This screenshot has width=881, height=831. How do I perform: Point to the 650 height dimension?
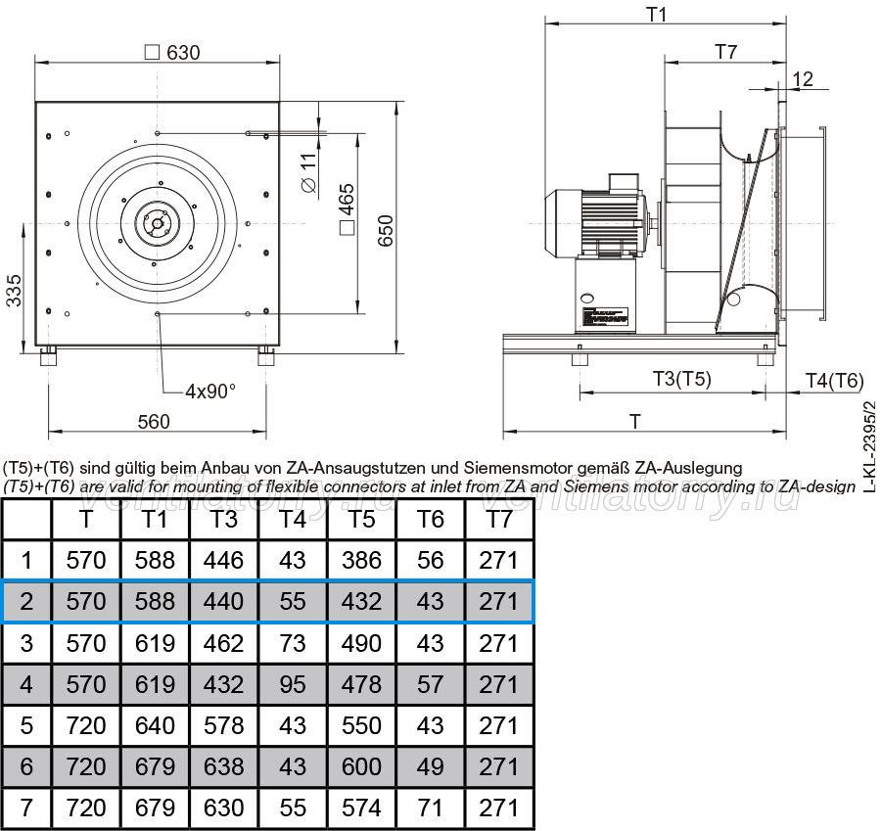tap(386, 231)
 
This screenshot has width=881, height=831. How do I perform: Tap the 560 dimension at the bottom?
tap(154, 422)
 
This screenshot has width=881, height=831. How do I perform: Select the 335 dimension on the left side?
tap(14, 291)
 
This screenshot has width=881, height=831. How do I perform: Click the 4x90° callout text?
tap(210, 392)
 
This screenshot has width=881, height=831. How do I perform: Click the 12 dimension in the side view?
tap(803, 79)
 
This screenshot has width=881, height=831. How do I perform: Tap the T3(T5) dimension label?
tap(681, 379)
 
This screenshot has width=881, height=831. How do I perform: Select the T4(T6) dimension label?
tap(834, 381)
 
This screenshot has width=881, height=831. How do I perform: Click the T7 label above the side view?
tap(725, 52)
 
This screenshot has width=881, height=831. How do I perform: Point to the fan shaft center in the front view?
tap(157, 223)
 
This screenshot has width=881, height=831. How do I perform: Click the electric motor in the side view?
tap(597, 222)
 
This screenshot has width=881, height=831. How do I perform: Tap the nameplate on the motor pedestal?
tap(606, 317)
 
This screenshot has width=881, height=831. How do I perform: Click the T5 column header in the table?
tap(361, 519)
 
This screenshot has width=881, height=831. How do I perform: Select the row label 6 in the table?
tap(26, 767)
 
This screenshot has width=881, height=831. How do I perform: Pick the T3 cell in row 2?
tap(223, 602)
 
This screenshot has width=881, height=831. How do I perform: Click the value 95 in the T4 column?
tap(293, 684)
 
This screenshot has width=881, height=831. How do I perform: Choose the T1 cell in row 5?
tap(155, 725)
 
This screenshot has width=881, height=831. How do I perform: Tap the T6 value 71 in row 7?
tap(431, 808)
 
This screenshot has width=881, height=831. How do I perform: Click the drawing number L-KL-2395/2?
tap(868, 446)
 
